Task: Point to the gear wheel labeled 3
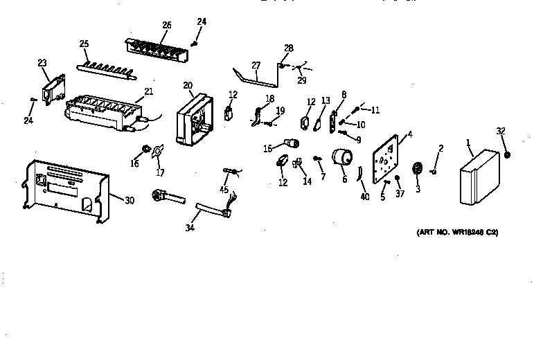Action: point(418,170)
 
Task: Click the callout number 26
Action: point(166,26)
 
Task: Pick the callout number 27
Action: point(256,66)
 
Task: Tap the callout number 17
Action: point(160,173)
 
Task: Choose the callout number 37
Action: point(400,195)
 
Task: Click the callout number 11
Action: point(375,110)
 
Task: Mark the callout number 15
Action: point(267,148)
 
